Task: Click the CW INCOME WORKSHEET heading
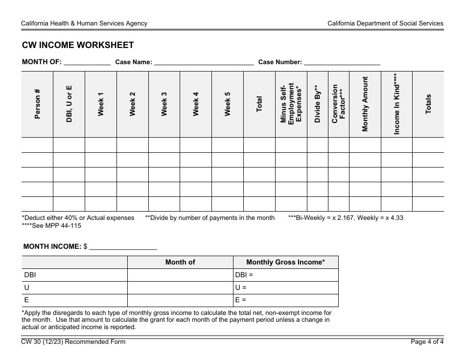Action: click(x=78, y=45)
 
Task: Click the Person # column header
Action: click(x=37, y=104)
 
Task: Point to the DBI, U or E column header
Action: click(x=69, y=104)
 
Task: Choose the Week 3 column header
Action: click(x=164, y=104)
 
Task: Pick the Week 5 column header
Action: click(x=228, y=104)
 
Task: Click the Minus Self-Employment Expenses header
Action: click(x=291, y=104)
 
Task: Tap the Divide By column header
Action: click(x=317, y=104)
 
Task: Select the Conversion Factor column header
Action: click(x=338, y=104)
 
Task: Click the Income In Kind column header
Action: click(x=396, y=104)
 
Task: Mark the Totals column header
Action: click(x=428, y=104)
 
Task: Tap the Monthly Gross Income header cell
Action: click(x=285, y=262)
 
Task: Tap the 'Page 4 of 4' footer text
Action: click(x=427, y=342)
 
